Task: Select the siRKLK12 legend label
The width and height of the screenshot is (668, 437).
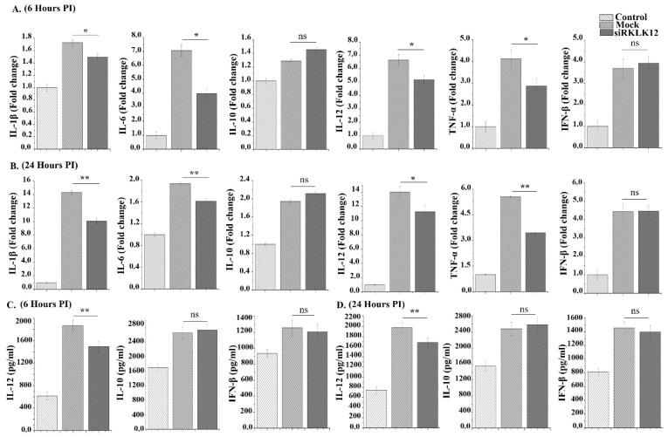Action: (636, 32)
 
